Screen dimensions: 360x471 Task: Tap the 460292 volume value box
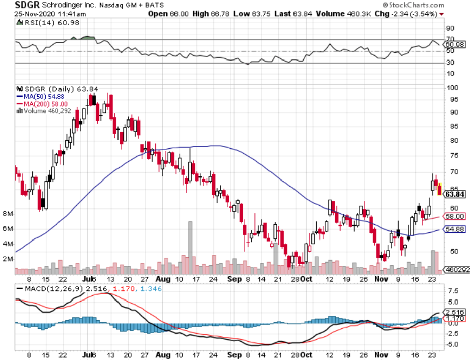coord(456,270)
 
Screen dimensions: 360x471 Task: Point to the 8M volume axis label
coord(8,214)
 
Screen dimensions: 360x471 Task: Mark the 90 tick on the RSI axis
coord(450,28)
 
